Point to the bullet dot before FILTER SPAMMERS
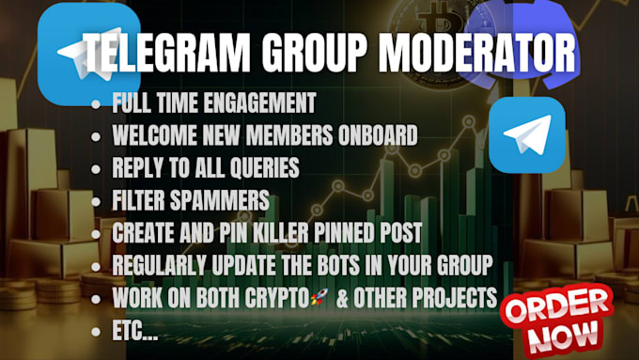point(96,200)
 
